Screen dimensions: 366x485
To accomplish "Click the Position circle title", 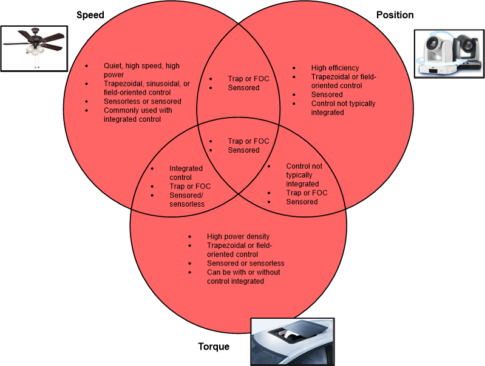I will pyautogui.click(x=395, y=15).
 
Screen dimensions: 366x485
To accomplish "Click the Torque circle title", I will pyautogui.click(x=214, y=347).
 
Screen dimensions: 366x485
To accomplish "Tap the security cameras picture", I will pyautogui.click(x=448, y=53).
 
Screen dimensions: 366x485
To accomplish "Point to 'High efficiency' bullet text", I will pyautogui.click(x=335, y=68).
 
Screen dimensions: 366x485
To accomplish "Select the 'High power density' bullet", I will pyautogui.click(x=238, y=236).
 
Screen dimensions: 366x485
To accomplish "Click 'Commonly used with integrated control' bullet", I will pyautogui.click(x=138, y=115).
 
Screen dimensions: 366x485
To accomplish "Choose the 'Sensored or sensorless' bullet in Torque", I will pyautogui.click(x=245, y=263).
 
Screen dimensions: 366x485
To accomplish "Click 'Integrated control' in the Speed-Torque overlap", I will pyautogui.click(x=186, y=173).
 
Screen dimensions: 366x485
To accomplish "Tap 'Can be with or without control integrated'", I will pyautogui.click(x=243, y=277).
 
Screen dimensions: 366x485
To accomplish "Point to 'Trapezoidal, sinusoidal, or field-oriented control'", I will pyautogui.click(x=146, y=88).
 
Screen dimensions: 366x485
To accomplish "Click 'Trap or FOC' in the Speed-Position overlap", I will pyautogui.click(x=248, y=79).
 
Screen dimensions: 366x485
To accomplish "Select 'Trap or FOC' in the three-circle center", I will pyautogui.click(x=248, y=141).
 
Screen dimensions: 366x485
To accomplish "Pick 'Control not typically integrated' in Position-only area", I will pyautogui.click(x=343, y=108).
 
